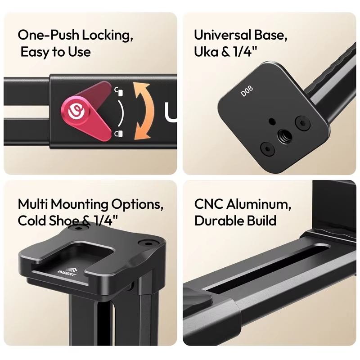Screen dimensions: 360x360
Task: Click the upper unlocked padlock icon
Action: [x=119, y=91]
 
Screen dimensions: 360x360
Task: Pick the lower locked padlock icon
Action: [x=119, y=133]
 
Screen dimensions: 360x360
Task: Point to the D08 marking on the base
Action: [x=247, y=91]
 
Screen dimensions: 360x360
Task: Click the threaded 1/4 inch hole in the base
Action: [x=284, y=136]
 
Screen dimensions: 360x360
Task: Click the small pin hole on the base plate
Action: [x=272, y=121]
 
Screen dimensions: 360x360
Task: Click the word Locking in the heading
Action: [x=108, y=36]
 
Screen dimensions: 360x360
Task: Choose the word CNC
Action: [x=208, y=204]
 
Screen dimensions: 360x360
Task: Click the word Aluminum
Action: [x=259, y=204]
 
